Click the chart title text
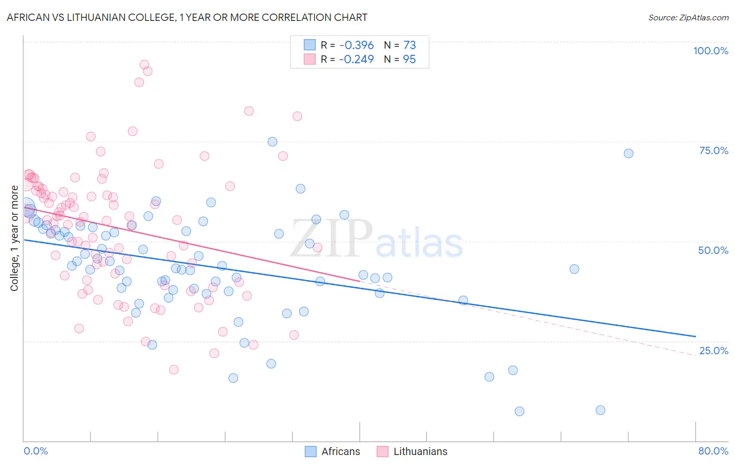(x=187, y=17)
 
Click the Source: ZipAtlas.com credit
(x=688, y=17)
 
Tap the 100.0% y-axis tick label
(x=710, y=51)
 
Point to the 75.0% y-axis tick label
(x=714, y=150)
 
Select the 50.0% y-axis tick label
(x=713, y=250)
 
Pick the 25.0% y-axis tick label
(x=714, y=350)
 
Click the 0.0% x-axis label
(x=36, y=451)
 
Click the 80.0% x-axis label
(x=713, y=451)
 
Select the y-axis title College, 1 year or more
(x=15, y=238)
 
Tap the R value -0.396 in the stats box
(x=356, y=45)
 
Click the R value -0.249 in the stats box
(x=356, y=59)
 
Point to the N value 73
(x=409, y=45)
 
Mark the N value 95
(x=409, y=59)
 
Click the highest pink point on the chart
(x=144, y=65)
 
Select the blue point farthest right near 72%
(x=628, y=154)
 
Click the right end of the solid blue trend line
(x=695, y=336)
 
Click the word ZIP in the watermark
(x=331, y=238)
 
